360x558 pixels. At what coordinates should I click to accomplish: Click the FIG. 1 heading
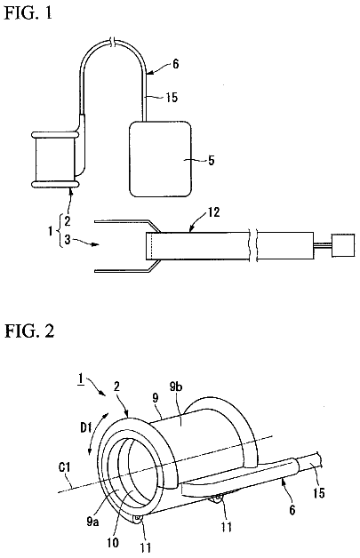pyautogui.click(x=28, y=12)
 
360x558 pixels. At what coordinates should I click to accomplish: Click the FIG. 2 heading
pyautogui.click(x=29, y=331)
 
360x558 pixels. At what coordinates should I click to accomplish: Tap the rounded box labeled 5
pyautogui.click(x=160, y=159)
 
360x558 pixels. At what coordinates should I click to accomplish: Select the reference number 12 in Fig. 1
pyautogui.click(x=213, y=212)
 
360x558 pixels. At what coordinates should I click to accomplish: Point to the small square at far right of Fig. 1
pyautogui.click(x=343, y=245)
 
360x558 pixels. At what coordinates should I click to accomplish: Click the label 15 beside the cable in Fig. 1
pyautogui.click(x=172, y=97)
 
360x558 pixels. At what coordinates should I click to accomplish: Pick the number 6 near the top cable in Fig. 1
pyautogui.click(x=175, y=64)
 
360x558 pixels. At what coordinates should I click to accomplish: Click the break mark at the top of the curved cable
pyautogui.click(x=113, y=41)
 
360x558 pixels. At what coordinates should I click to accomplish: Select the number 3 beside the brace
pyautogui.click(x=68, y=240)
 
